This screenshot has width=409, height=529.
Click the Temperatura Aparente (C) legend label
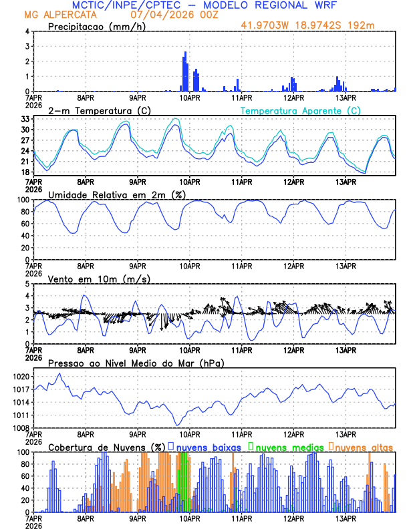click(300, 110)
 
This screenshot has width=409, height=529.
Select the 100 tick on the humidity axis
click(22, 200)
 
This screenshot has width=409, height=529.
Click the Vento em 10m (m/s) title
click(99, 278)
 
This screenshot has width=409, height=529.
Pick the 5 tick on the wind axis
click(27, 284)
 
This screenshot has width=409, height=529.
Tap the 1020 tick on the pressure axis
click(19, 377)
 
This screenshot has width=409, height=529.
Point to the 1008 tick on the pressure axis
click(19, 427)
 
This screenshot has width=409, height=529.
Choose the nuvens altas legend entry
click(362, 447)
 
